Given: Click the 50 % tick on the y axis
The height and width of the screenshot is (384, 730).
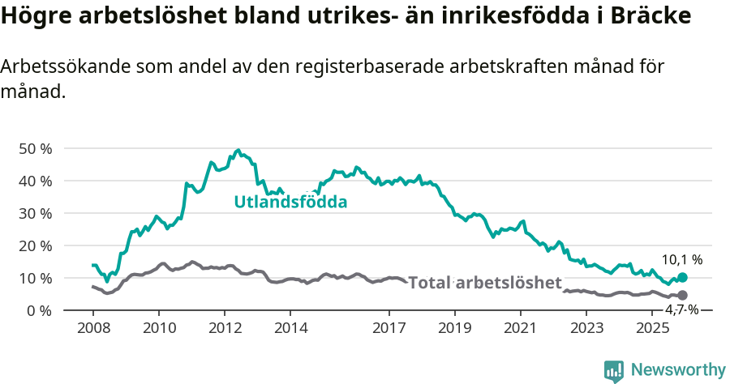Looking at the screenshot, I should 34,148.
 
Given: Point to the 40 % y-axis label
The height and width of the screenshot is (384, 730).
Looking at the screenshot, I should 34,181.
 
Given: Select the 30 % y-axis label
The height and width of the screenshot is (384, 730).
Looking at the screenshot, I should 34,213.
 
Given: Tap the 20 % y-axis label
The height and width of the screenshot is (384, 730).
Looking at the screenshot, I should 34,245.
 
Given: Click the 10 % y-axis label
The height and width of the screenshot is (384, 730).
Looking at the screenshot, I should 34,278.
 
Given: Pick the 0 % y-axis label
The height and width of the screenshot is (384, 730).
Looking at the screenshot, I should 38,310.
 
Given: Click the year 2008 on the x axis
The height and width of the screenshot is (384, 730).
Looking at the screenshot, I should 92,328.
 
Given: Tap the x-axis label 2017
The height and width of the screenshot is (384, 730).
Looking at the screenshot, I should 389,328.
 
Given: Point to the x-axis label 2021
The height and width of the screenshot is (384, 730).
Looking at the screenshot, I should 521,328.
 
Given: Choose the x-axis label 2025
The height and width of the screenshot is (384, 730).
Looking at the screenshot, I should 652,328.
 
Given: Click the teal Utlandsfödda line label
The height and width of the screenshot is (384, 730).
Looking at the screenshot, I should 290,202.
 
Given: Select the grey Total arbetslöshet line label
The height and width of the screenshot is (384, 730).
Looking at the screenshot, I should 484,283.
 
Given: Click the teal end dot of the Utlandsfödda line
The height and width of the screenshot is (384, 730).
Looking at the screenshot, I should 682,278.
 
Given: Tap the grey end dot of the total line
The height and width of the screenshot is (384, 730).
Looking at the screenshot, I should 682,295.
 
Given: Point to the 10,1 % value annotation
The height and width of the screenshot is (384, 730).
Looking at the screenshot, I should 682,260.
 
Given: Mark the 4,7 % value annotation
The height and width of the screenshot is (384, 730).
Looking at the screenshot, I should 682,309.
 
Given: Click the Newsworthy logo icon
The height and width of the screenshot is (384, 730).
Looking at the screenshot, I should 614,370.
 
